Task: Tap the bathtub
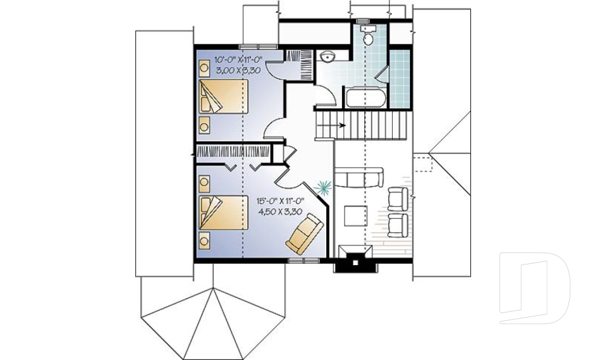365,99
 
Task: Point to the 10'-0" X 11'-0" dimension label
230,60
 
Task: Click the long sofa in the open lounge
358,177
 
